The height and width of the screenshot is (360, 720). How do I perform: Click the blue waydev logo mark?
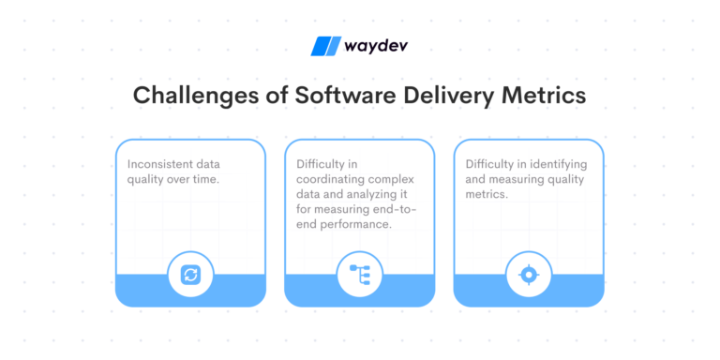tap(325, 46)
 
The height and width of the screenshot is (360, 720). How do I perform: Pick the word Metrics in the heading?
tap(536, 96)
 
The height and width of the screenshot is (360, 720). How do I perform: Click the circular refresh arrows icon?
tap(190, 274)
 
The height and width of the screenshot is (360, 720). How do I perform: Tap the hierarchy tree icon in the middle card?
tap(359, 274)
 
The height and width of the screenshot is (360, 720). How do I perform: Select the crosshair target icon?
tap(529, 274)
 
